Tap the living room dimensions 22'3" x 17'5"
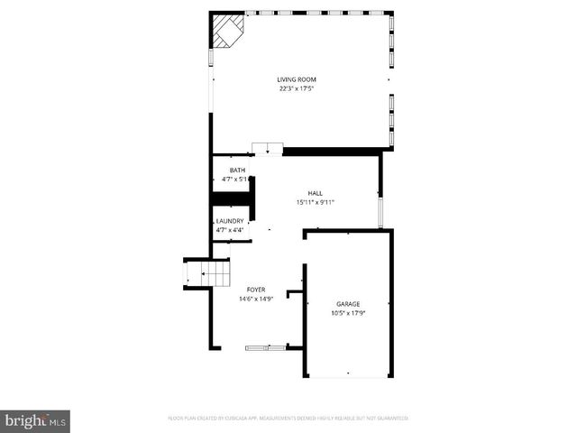pyautogui.click(x=297, y=89)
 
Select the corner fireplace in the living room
pyautogui.click(x=226, y=31)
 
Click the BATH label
pyautogui.click(x=237, y=170)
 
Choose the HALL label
pyautogui.click(x=316, y=193)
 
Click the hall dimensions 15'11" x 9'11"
pyautogui.click(x=316, y=202)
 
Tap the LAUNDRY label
pyautogui.click(x=230, y=221)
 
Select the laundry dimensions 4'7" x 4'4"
pyautogui.click(x=230, y=230)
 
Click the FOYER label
pyautogui.click(x=256, y=290)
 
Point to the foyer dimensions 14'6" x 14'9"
pyautogui.click(x=256, y=299)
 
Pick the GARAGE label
pyautogui.click(x=348, y=304)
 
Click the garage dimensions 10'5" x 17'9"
pyautogui.click(x=348, y=313)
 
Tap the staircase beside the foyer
pyautogui.click(x=199, y=272)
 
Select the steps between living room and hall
pyautogui.click(x=267, y=149)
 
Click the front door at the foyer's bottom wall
pyautogui.click(x=265, y=346)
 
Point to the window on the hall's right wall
pyautogui.click(x=380, y=212)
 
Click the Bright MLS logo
pyautogui.click(x=36, y=419)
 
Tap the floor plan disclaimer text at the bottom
pyautogui.click(x=288, y=418)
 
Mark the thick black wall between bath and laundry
pyautogui.click(x=231, y=200)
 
